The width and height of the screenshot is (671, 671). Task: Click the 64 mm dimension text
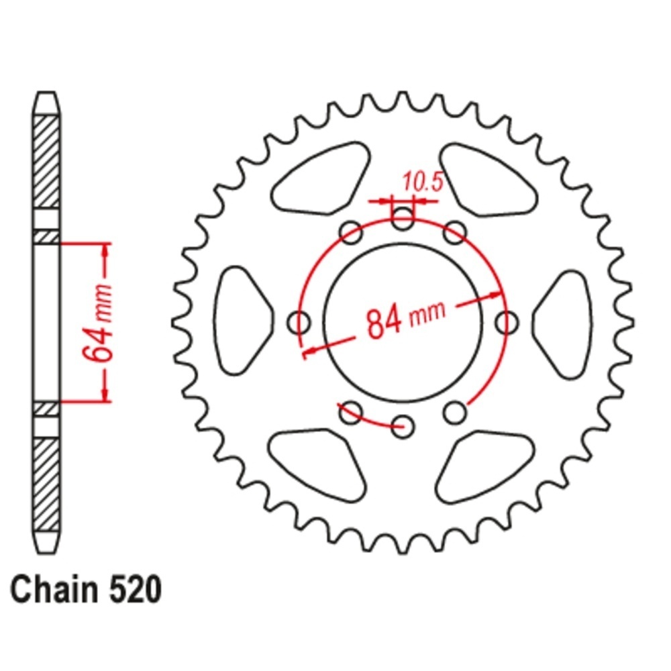[x=99, y=323]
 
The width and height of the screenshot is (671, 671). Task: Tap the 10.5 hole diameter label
[x=422, y=183]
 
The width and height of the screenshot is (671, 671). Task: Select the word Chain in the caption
[x=54, y=590]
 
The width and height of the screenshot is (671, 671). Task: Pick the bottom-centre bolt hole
[x=403, y=426]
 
